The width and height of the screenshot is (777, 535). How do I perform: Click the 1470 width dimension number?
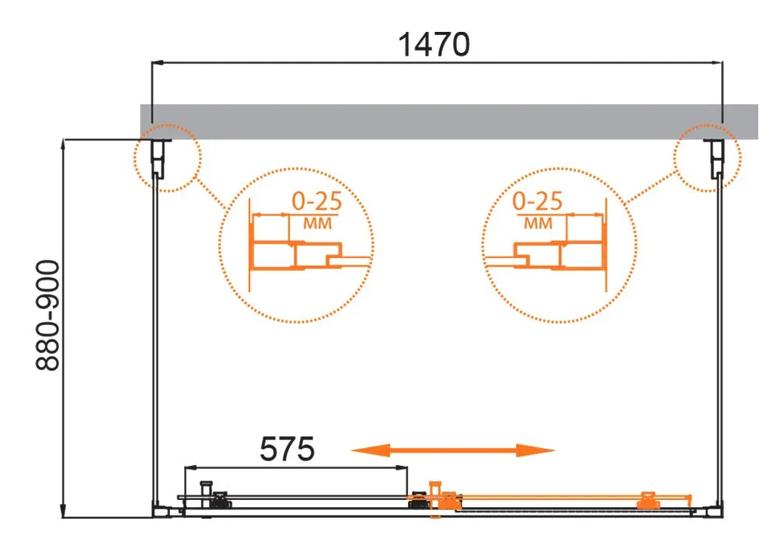click(434, 44)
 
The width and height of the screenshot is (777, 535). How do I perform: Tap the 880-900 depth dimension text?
click(48, 316)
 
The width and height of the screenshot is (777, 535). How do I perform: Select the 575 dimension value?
click(287, 449)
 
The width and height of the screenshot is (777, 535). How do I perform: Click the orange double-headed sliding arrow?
click(452, 450)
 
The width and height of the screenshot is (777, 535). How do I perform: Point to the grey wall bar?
click(449, 121)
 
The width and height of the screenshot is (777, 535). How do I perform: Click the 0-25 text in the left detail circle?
click(317, 201)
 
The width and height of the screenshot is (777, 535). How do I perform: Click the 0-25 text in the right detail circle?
click(537, 201)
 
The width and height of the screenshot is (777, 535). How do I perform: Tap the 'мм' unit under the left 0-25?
click(317, 223)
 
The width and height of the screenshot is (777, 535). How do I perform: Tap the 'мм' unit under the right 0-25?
click(538, 223)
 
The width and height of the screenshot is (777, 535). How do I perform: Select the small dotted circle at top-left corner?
click(168, 124)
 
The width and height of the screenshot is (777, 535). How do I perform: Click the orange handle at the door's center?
click(435, 498)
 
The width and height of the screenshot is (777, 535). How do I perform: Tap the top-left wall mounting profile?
click(159, 158)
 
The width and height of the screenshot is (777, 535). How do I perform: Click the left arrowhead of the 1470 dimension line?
click(157, 62)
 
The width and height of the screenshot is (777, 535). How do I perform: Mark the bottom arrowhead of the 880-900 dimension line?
click(63, 512)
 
